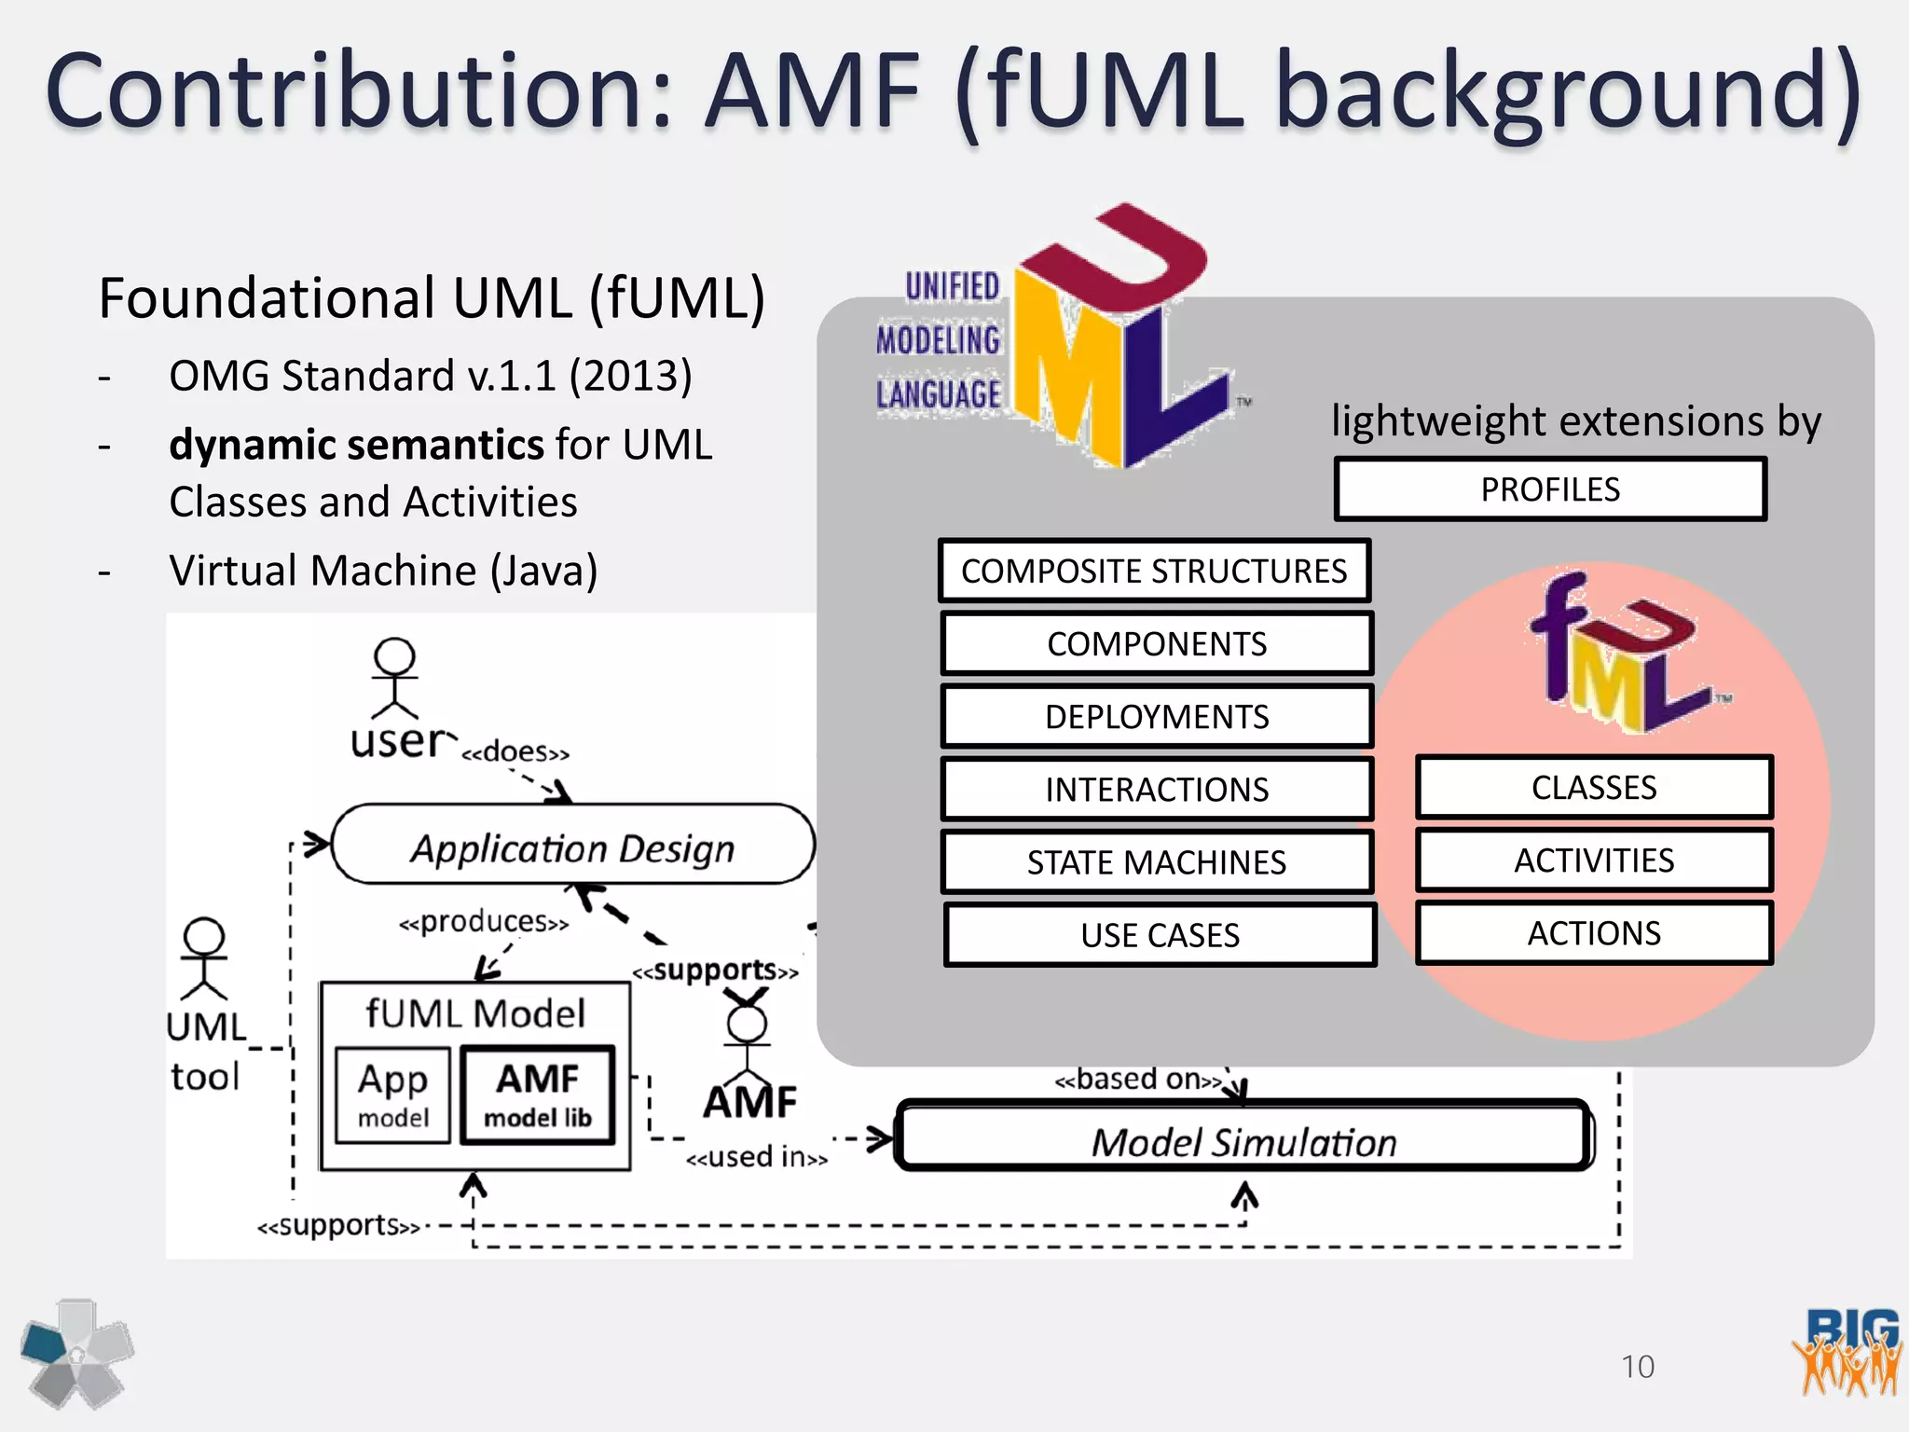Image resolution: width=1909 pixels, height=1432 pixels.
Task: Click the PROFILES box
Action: pyautogui.click(x=1549, y=489)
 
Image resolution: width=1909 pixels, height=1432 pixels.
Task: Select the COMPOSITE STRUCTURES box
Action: pyautogui.click(x=1154, y=571)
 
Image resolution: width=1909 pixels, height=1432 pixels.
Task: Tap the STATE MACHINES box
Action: pyautogui.click(x=1156, y=862)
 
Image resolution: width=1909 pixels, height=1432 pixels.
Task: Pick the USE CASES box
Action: pyautogui.click(x=1160, y=935)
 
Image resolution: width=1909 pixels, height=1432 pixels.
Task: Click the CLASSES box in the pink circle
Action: pyautogui.click(x=1594, y=788)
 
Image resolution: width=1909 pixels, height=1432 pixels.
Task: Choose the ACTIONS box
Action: pyautogui.click(x=1594, y=933)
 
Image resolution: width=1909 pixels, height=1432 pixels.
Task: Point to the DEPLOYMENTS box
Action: pyautogui.click(x=1156, y=717)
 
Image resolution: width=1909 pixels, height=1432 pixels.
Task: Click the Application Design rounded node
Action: pyautogui.click(x=572, y=847)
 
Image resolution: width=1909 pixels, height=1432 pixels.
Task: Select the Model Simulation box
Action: pyautogui.click(x=1243, y=1139)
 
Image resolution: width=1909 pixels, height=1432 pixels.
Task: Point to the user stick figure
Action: pyautogui.click(x=394, y=679)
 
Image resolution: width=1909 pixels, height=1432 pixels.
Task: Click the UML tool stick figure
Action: pyautogui.click(x=204, y=958)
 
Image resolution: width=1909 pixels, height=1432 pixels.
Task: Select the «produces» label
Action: pyautogui.click(x=483, y=922)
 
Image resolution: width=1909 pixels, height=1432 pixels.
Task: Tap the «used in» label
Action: pyautogui.click(x=756, y=1158)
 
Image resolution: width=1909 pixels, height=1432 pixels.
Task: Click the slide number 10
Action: pyautogui.click(x=1638, y=1367)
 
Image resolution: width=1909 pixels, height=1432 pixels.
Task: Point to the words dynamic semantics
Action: pyautogui.click(x=356, y=445)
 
